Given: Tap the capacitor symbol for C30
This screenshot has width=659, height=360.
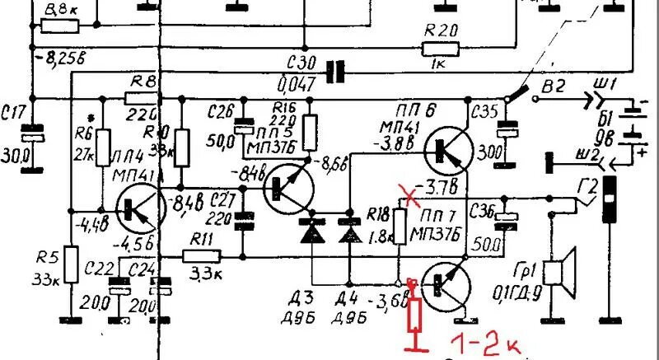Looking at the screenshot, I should pos(334,72).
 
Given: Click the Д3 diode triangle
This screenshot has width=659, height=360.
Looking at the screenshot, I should pos(312,234).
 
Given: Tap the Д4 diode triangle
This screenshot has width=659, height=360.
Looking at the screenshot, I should pos(352,234).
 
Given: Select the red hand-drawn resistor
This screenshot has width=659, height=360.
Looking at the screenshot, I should pos(416,314).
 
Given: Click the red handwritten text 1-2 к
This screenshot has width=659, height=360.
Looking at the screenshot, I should pos(485,342).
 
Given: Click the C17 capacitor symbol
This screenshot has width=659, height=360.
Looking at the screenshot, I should pos(32,132).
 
